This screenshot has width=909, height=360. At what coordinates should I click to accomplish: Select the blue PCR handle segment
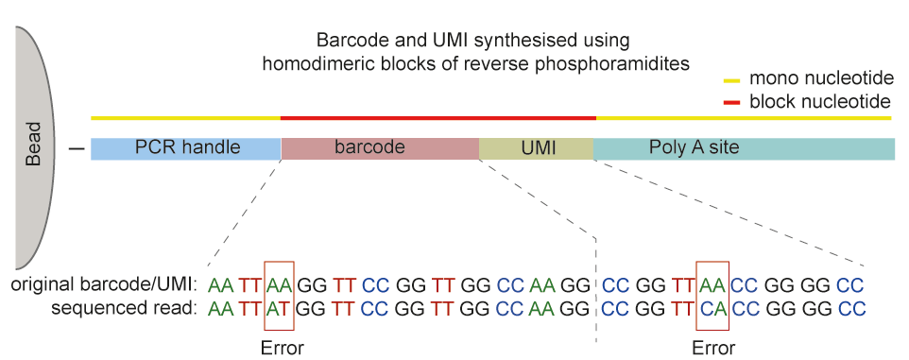click(186, 148)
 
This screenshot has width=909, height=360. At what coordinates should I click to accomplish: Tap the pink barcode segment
click(380, 148)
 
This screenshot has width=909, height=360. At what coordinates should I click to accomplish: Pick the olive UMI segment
click(536, 148)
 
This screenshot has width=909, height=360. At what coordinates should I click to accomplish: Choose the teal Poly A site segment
click(744, 148)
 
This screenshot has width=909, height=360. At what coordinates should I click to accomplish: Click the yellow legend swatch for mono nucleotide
click(732, 80)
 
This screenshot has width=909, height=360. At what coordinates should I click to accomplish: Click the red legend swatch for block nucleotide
click(732, 101)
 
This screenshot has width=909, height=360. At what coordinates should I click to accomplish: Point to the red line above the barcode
click(437, 119)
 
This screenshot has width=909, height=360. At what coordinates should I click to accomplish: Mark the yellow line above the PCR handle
click(185, 119)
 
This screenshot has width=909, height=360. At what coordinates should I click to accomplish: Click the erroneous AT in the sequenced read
click(280, 308)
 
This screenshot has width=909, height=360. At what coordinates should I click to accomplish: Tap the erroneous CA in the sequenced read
click(712, 308)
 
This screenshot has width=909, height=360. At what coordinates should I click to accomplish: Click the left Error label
click(282, 347)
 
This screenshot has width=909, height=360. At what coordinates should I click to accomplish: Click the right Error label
click(712, 347)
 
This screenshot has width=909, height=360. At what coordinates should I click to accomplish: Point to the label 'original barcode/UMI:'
click(105, 284)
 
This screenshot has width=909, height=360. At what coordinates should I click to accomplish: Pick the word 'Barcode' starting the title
click(347, 42)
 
